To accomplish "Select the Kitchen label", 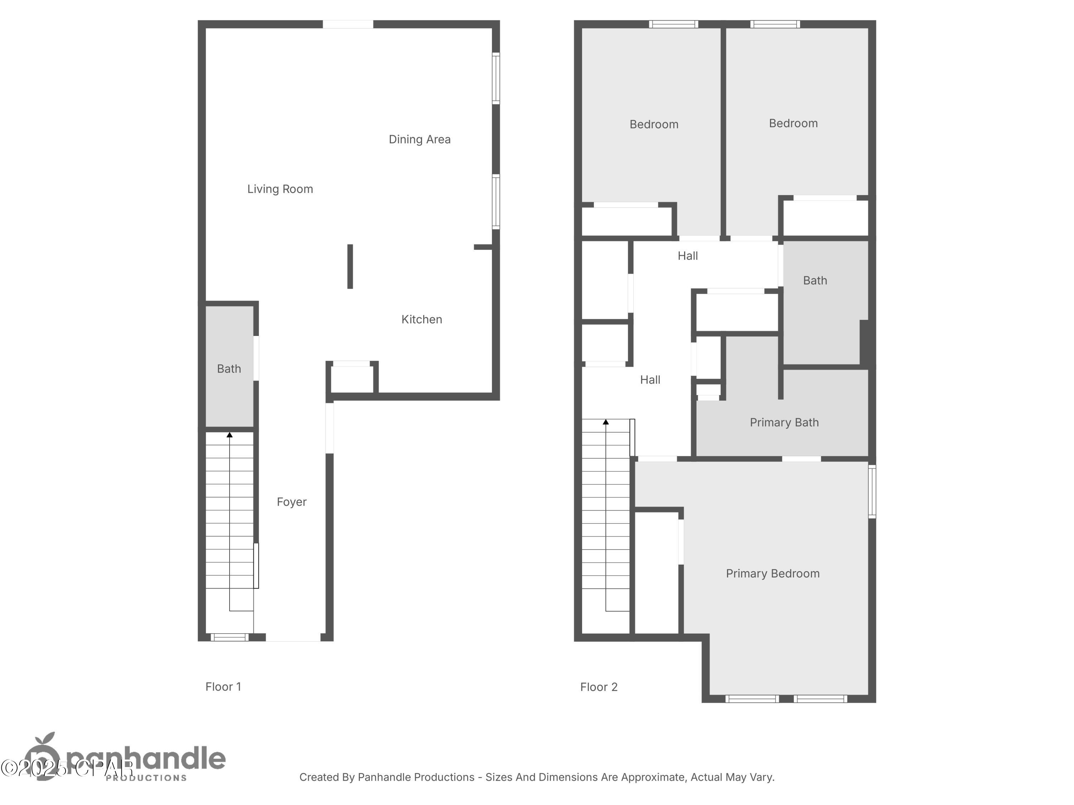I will [421, 319].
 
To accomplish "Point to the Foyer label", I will [291, 502].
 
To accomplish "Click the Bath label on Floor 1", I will [229, 369].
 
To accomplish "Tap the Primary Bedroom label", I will [773, 574].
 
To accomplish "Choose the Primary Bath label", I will [784, 422].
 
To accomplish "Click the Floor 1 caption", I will [223, 687].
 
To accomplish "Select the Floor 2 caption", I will [599, 687].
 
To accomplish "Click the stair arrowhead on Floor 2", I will [605, 422].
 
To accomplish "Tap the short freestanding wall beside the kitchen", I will [350, 267].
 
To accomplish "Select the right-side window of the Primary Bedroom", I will [872, 491].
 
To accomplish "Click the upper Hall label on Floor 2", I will [687, 256].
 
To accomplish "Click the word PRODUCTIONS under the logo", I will [146, 778].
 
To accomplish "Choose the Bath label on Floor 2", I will [815, 280].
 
